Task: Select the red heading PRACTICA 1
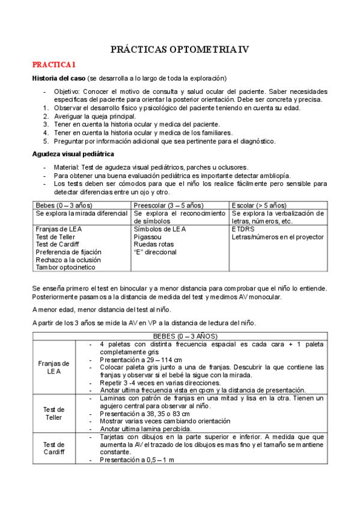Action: (x=54, y=64)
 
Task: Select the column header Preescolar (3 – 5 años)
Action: (x=168, y=205)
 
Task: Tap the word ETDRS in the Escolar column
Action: (x=243, y=229)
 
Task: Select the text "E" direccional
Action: (x=155, y=252)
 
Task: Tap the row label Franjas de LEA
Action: (x=53, y=367)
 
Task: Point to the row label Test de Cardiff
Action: (x=53, y=447)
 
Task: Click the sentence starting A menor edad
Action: (x=101, y=310)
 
